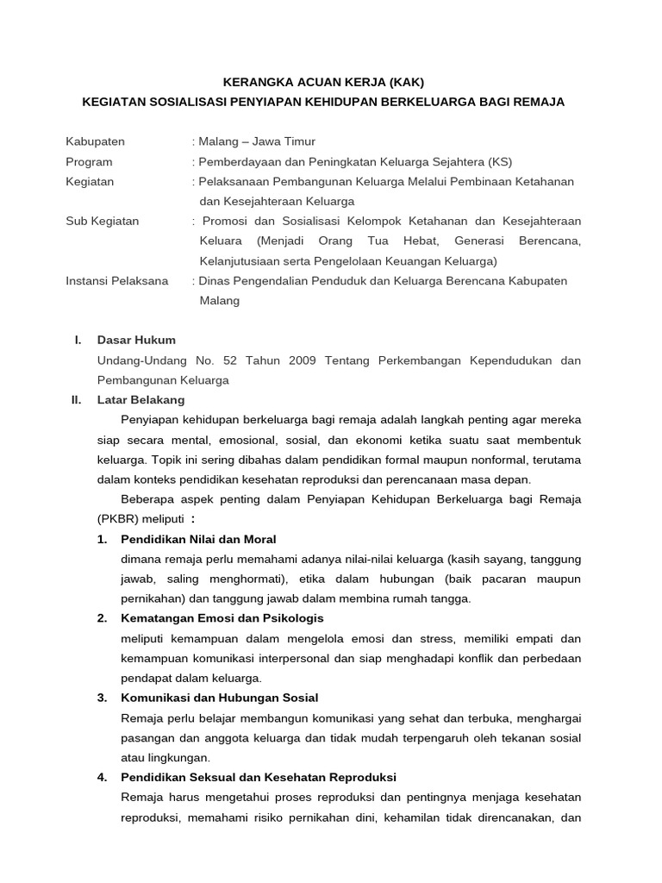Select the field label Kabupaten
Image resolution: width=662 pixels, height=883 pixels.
(96, 141)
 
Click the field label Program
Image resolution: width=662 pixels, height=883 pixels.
(90, 161)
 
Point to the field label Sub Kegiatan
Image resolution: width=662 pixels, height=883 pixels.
(103, 221)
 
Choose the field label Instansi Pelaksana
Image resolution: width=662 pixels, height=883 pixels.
(117, 281)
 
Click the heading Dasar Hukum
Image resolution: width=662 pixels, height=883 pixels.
(136, 340)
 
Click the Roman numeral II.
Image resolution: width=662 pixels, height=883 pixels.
(75, 400)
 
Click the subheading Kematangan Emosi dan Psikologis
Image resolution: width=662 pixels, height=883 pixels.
(222, 618)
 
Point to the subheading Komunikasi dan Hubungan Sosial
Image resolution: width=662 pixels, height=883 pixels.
(220, 698)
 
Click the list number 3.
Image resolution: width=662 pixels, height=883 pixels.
(102, 698)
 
